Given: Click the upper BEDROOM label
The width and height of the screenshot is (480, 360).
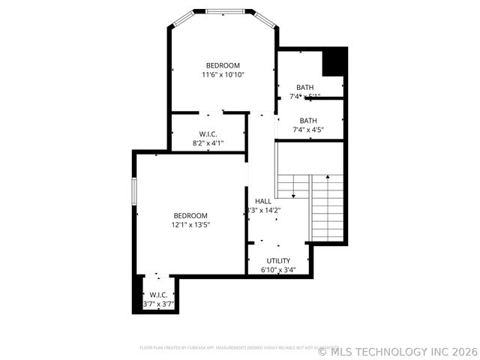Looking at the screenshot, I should pyautogui.click(x=223, y=65).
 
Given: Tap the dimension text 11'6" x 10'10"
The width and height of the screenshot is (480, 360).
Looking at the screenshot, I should pyautogui.click(x=223, y=75).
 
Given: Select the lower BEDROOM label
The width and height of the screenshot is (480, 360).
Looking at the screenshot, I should pyautogui.click(x=190, y=215).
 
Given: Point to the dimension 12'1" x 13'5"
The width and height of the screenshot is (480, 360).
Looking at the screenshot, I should pyautogui.click(x=190, y=224).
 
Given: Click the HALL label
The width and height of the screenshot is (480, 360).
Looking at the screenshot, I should pyautogui.click(x=263, y=201).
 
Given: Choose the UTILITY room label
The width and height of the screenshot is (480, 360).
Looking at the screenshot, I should pyautogui.click(x=278, y=261).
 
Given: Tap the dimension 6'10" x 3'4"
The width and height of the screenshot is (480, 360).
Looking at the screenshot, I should pyautogui.click(x=278, y=270).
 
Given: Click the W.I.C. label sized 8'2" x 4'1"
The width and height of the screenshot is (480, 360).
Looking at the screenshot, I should pyautogui.click(x=208, y=133).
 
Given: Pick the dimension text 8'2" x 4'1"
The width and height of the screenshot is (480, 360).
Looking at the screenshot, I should pyautogui.click(x=208, y=142).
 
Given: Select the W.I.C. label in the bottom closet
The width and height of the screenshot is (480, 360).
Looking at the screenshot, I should pyautogui.click(x=158, y=295).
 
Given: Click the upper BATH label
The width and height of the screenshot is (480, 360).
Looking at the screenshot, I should pyautogui.click(x=305, y=87).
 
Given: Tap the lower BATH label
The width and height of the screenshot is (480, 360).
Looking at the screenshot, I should pyautogui.click(x=308, y=121).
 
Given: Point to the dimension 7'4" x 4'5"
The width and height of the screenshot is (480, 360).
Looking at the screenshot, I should pyautogui.click(x=308, y=130).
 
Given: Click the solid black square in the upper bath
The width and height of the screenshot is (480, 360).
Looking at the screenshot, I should pyautogui.click(x=334, y=61).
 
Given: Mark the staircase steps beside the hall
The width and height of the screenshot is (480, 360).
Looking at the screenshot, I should pyautogui.click(x=328, y=206).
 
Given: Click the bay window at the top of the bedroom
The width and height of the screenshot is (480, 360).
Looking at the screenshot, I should pyautogui.click(x=223, y=11).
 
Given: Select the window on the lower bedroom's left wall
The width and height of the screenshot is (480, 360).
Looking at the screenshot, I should pyautogui.click(x=134, y=190).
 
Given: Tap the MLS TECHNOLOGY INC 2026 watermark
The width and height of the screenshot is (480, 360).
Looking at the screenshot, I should pyautogui.click(x=397, y=350).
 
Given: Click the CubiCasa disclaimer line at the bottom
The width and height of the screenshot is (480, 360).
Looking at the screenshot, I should pyautogui.click(x=240, y=347).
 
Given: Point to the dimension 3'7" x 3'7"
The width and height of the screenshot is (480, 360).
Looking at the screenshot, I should pyautogui.click(x=158, y=304).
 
